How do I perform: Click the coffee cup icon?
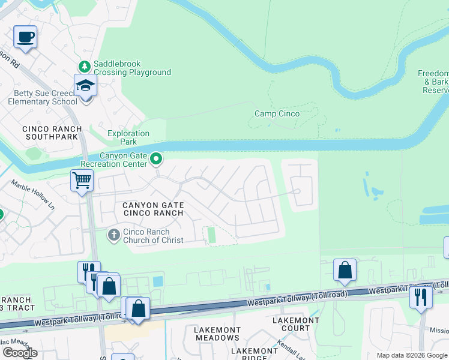coord(25,37)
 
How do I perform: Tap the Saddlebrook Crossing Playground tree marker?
coord(85,65)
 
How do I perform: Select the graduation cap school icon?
coord(86,86)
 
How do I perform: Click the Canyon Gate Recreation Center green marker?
coord(156,159)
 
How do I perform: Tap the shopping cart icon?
coord(82,179)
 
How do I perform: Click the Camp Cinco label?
coord(277,113)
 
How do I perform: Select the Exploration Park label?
coord(128,138)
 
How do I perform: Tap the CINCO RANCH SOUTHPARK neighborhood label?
coord(50,133)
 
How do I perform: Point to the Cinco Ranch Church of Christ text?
coord(154,236)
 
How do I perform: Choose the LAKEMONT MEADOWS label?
coord(217,334)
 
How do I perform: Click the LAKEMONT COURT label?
coord(296,324)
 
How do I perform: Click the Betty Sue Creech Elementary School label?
coord(43,97)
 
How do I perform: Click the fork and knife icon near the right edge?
coord(421,296)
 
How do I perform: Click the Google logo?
coord(20,352)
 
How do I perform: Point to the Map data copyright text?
coord(412,355)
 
